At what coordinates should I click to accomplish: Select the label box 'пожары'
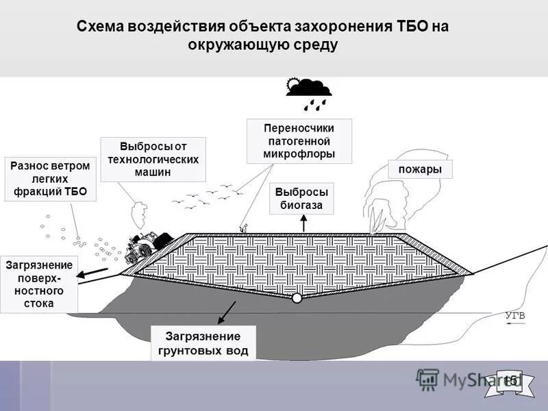421,169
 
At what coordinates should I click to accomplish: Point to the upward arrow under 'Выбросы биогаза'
304,223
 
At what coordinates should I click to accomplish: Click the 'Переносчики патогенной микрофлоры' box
299,141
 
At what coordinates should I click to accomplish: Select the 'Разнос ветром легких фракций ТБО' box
51,179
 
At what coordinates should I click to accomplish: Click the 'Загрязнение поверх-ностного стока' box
38,284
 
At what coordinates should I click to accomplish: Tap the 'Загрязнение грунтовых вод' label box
203,342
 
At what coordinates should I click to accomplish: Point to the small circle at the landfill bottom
297,298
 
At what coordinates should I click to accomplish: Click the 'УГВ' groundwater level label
514,316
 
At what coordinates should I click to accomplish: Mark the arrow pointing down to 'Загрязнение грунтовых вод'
226,312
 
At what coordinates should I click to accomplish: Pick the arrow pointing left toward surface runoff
92,275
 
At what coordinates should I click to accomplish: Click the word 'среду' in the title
315,45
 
